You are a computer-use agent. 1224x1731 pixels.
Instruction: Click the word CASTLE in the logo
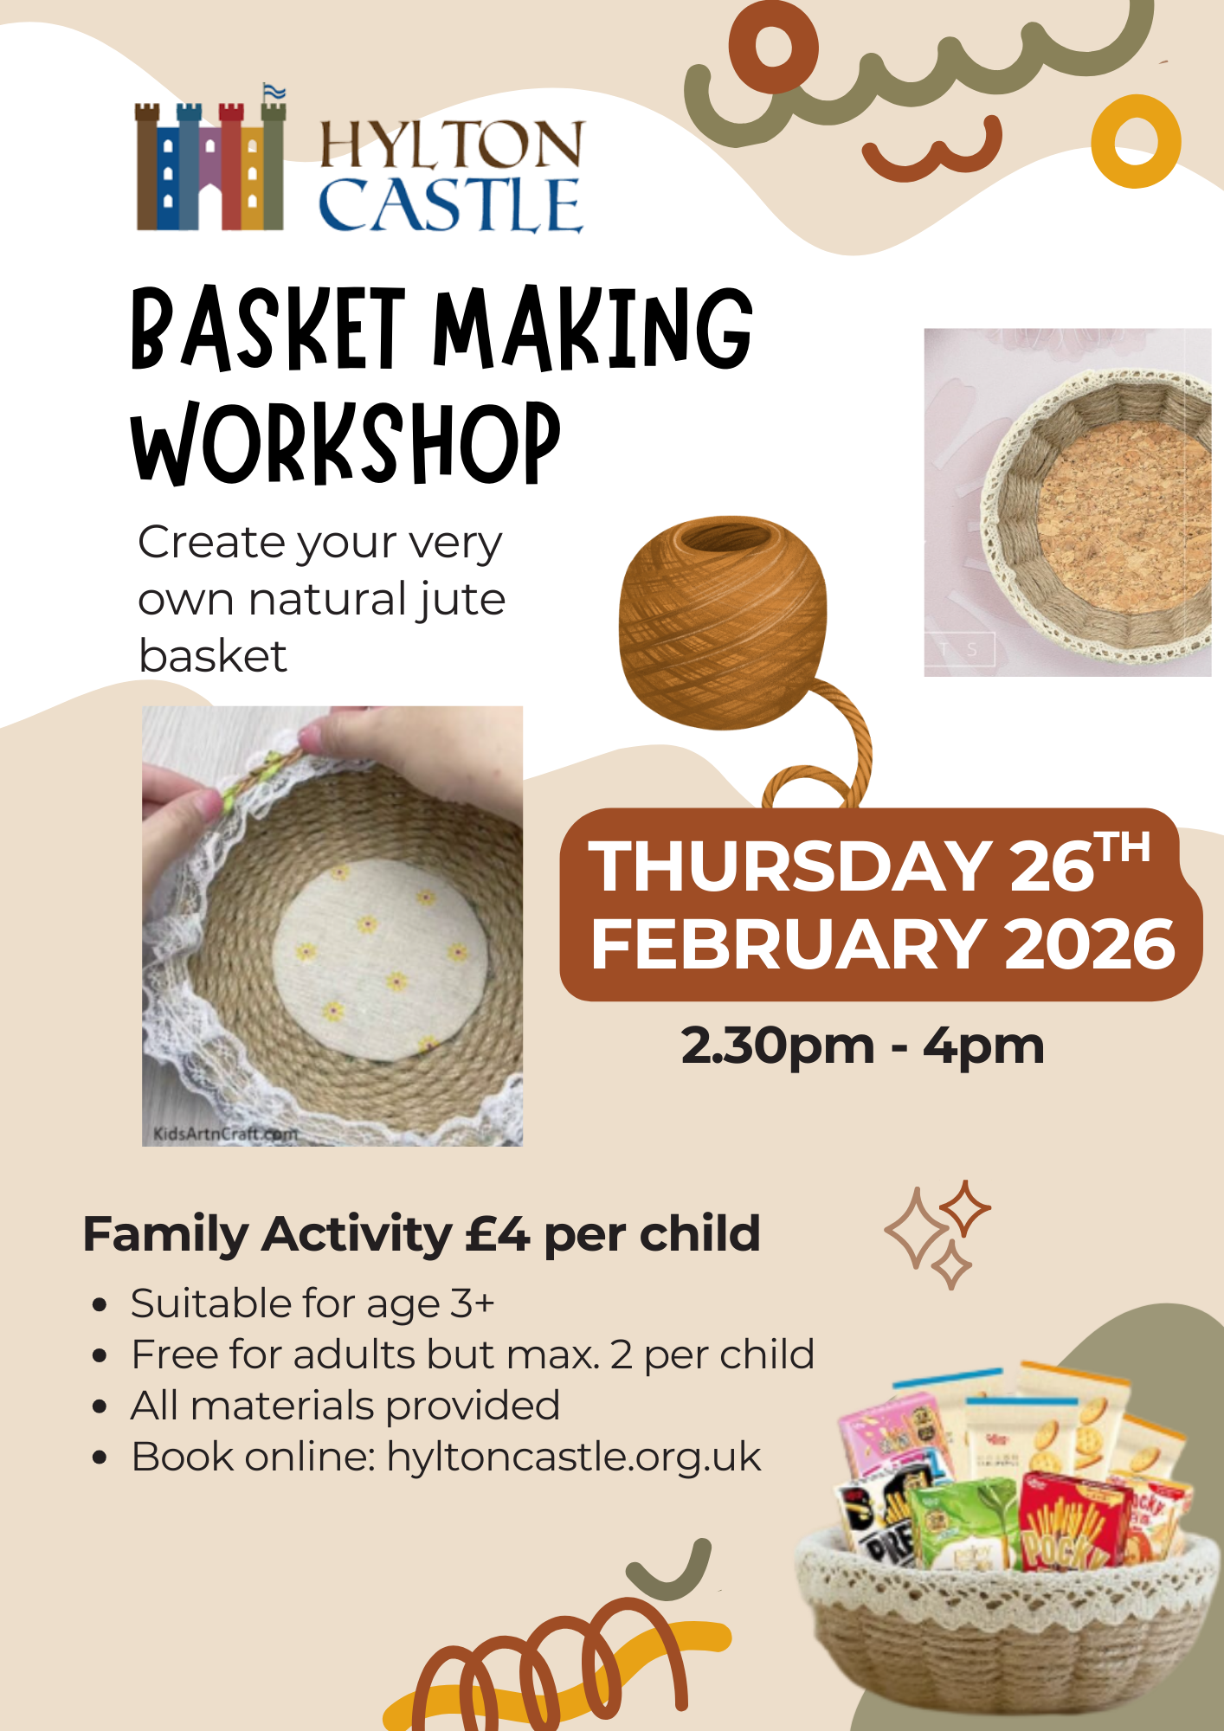450,205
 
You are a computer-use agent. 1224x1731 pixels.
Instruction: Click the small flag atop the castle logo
274,92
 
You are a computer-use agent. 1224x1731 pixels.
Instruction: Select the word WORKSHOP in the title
345,443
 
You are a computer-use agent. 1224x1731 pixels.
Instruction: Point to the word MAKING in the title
593,329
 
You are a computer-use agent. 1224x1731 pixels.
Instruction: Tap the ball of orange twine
722,621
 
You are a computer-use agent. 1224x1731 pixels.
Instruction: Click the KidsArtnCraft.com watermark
225,1133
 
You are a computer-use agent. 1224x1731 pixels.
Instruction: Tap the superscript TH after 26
1123,847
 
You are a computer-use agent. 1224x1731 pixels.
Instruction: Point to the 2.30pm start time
777,1046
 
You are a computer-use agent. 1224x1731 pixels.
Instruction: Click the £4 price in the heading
497,1234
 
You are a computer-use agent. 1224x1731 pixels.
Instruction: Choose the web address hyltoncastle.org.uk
573,1457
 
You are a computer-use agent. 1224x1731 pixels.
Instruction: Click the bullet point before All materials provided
100,1406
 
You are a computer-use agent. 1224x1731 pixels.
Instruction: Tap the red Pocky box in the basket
1069,1523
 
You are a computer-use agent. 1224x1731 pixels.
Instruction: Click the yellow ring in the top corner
1136,141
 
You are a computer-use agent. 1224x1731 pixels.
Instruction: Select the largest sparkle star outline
916,1230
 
